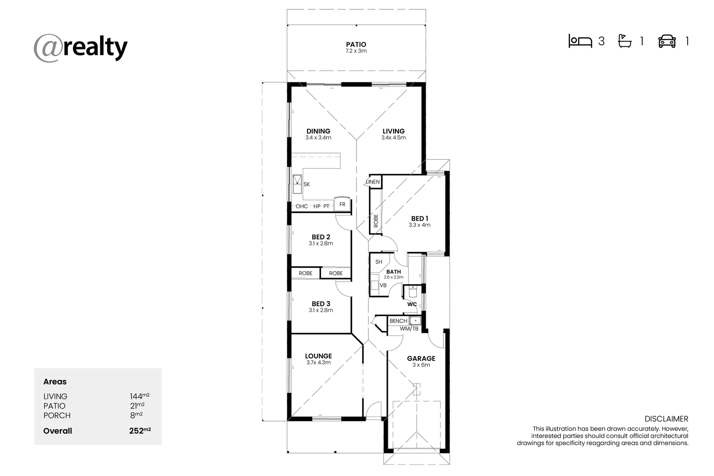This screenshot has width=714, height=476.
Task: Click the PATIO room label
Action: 356,44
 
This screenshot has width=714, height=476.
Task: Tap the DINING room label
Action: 318,131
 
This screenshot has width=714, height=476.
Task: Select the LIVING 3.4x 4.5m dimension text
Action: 394,138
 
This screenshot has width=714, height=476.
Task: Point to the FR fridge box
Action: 342,205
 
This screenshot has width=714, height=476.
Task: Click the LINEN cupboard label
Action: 373,182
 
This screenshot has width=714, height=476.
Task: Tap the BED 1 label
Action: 420,218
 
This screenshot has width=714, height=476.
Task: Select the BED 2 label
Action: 321,237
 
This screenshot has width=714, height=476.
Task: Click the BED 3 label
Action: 321,304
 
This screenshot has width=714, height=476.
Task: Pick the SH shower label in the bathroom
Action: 379,262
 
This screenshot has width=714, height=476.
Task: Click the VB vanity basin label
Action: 383,286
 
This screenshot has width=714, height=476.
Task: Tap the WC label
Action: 412,304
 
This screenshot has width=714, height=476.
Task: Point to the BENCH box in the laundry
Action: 398,321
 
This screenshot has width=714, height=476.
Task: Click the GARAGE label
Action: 421,358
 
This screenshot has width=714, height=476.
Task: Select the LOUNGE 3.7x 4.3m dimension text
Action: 318,362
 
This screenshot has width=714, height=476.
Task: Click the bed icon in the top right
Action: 580,41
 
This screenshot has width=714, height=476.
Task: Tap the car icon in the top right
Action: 667,41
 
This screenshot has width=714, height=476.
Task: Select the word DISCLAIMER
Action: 666,419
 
